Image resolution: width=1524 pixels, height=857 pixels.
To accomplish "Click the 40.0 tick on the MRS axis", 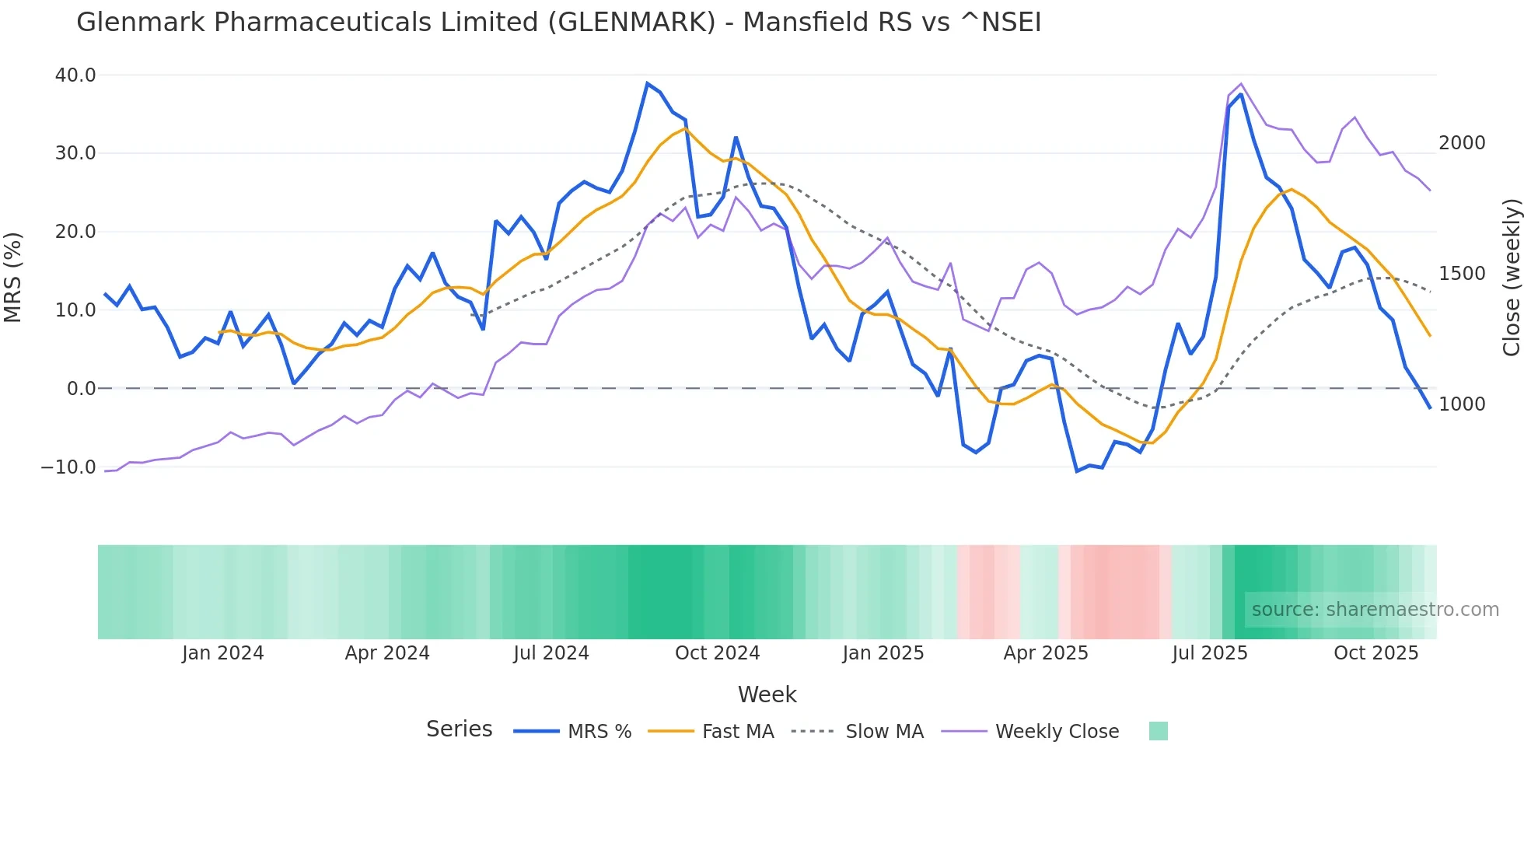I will pyautogui.click(x=75, y=75).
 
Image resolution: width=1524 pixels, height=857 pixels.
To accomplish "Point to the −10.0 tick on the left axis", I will pyautogui.click(x=68, y=467).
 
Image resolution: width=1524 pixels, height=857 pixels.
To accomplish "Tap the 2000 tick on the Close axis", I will pyautogui.click(x=1462, y=143).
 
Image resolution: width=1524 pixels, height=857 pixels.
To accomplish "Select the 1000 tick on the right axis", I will pyautogui.click(x=1462, y=404).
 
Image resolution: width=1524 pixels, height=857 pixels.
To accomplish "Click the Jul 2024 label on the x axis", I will pyautogui.click(x=551, y=653).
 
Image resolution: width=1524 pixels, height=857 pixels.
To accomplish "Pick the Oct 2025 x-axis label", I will pyautogui.click(x=1375, y=653).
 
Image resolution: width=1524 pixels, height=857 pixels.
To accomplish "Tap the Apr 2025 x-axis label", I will pyautogui.click(x=1045, y=653).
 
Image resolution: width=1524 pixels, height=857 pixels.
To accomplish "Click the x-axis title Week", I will pyautogui.click(x=767, y=694).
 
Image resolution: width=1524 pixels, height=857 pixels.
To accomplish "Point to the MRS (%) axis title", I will pyautogui.click(x=13, y=277).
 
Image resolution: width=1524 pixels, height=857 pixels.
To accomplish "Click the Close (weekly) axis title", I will pyautogui.click(x=1511, y=277).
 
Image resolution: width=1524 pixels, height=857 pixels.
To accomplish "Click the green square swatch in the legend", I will pyautogui.click(x=1158, y=731).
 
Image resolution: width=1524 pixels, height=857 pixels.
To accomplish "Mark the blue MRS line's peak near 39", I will pyautogui.click(x=647, y=83).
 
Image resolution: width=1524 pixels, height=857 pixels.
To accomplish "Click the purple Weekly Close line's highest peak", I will pyautogui.click(x=1240, y=84).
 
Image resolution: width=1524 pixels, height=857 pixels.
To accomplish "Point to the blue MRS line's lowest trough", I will pyautogui.click(x=1077, y=471).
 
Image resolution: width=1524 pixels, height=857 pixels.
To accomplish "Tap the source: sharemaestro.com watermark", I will pyautogui.click(x=1375, y=610).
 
